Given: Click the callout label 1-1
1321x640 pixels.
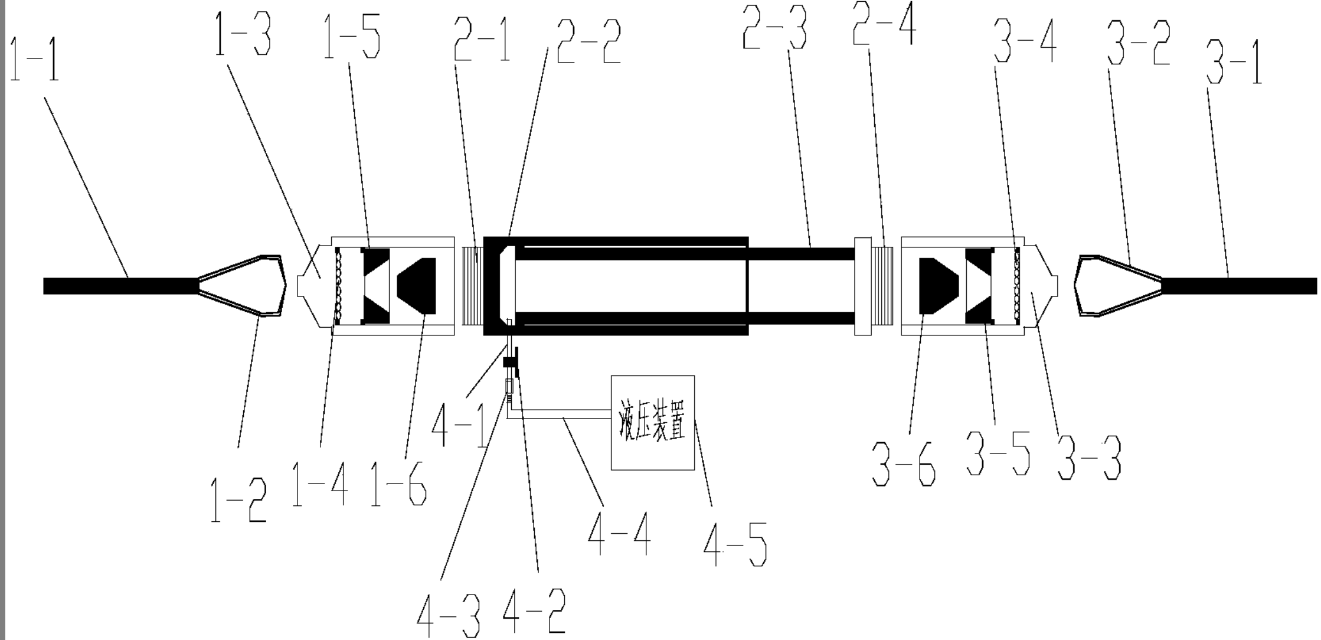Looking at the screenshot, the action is (x=35, y=59).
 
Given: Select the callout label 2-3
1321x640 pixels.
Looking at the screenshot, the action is (x=774, y=28).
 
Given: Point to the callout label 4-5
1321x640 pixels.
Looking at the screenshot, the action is (x=735, y=544).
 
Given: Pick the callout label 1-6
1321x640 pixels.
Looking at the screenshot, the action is (x=398, y=484).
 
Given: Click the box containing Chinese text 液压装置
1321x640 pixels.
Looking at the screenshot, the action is (x=653, y=423).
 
